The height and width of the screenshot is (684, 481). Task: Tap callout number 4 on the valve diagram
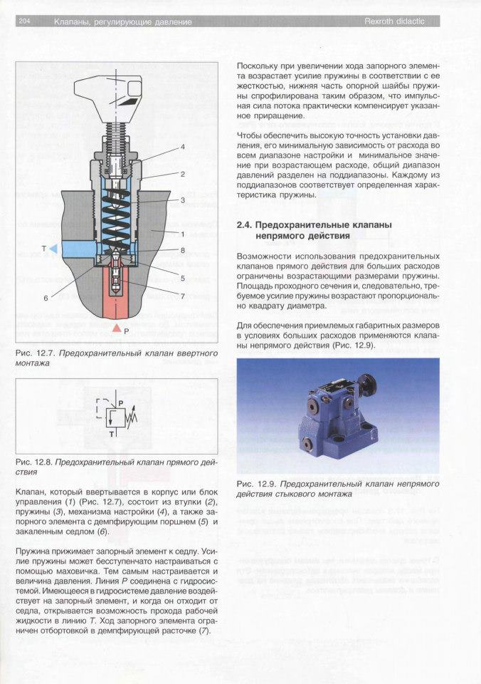[x=183, y=147]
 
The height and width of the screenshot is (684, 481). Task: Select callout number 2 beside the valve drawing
[x=183, y=174]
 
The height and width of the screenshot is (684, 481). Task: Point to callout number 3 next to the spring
[x=183, y=201]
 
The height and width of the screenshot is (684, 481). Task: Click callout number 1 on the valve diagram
[x=183, y=234]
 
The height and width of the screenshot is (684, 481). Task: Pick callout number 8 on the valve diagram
[x=183, y=251]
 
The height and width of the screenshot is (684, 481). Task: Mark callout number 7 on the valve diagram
[x=183, y=296]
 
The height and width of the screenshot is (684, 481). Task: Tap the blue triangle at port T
[x=54, y=248]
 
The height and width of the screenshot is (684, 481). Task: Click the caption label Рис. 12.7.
[x=32, y=353]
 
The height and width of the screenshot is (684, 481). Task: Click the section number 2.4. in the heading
[x=246, y=225]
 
